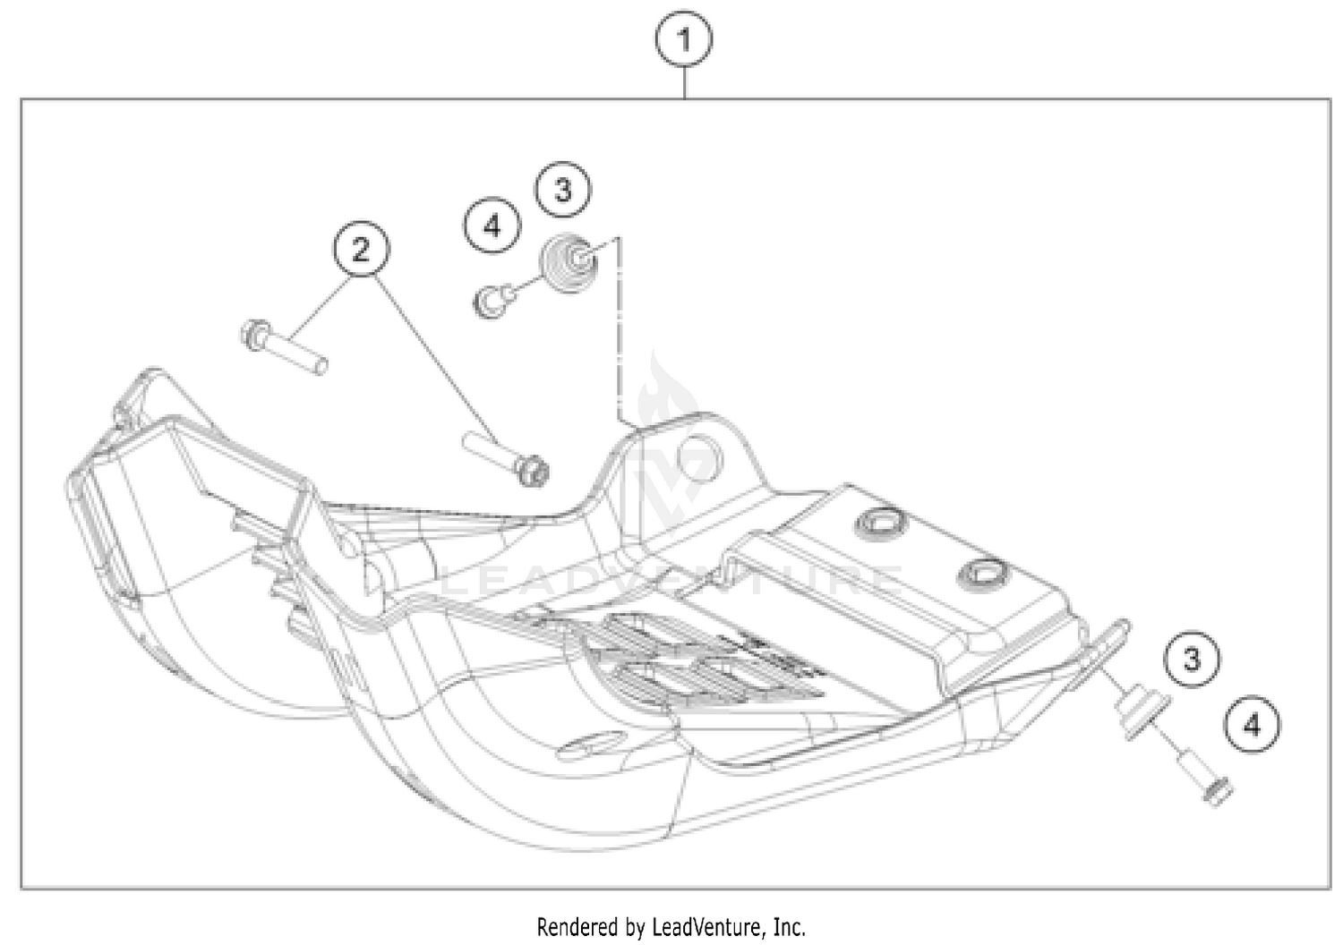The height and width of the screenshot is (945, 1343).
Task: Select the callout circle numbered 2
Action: click(361, 249)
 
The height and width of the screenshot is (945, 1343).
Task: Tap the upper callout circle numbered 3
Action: click(563, 190)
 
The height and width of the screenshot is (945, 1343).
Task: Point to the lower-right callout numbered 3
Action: click(1192, 660)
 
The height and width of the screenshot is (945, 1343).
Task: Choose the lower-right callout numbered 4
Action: click(1252, 724)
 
